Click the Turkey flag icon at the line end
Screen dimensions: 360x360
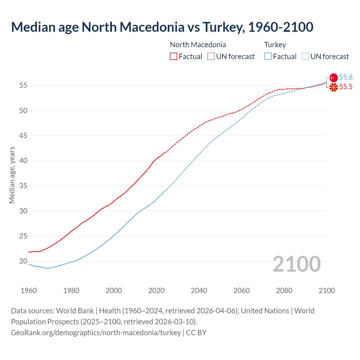[334, 78]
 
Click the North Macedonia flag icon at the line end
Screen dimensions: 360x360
[334, 87]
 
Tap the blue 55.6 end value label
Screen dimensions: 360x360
[346, 77]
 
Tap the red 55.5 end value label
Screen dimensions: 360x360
[346, 87]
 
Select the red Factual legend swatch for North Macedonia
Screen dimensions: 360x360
[174, 57]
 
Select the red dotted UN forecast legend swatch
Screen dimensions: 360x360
[211, 57]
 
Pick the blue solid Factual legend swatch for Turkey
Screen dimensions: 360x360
[268, 57]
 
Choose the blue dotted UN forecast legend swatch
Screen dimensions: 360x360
[305, 57]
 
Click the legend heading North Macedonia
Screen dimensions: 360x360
[198, 45]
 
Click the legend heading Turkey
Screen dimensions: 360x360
[275, 45]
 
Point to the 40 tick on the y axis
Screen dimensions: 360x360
[23, 161]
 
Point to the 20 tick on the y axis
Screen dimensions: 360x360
[23, 261]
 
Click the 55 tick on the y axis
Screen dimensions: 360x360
[23, 85]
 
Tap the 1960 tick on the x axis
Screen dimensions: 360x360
[29, 291]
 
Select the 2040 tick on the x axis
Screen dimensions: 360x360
[199, 291]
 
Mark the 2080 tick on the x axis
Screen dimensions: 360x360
[284, 291]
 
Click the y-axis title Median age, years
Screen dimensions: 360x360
[12, 175]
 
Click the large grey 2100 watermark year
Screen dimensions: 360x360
[297, 264]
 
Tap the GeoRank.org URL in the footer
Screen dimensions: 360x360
[96, 333]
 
